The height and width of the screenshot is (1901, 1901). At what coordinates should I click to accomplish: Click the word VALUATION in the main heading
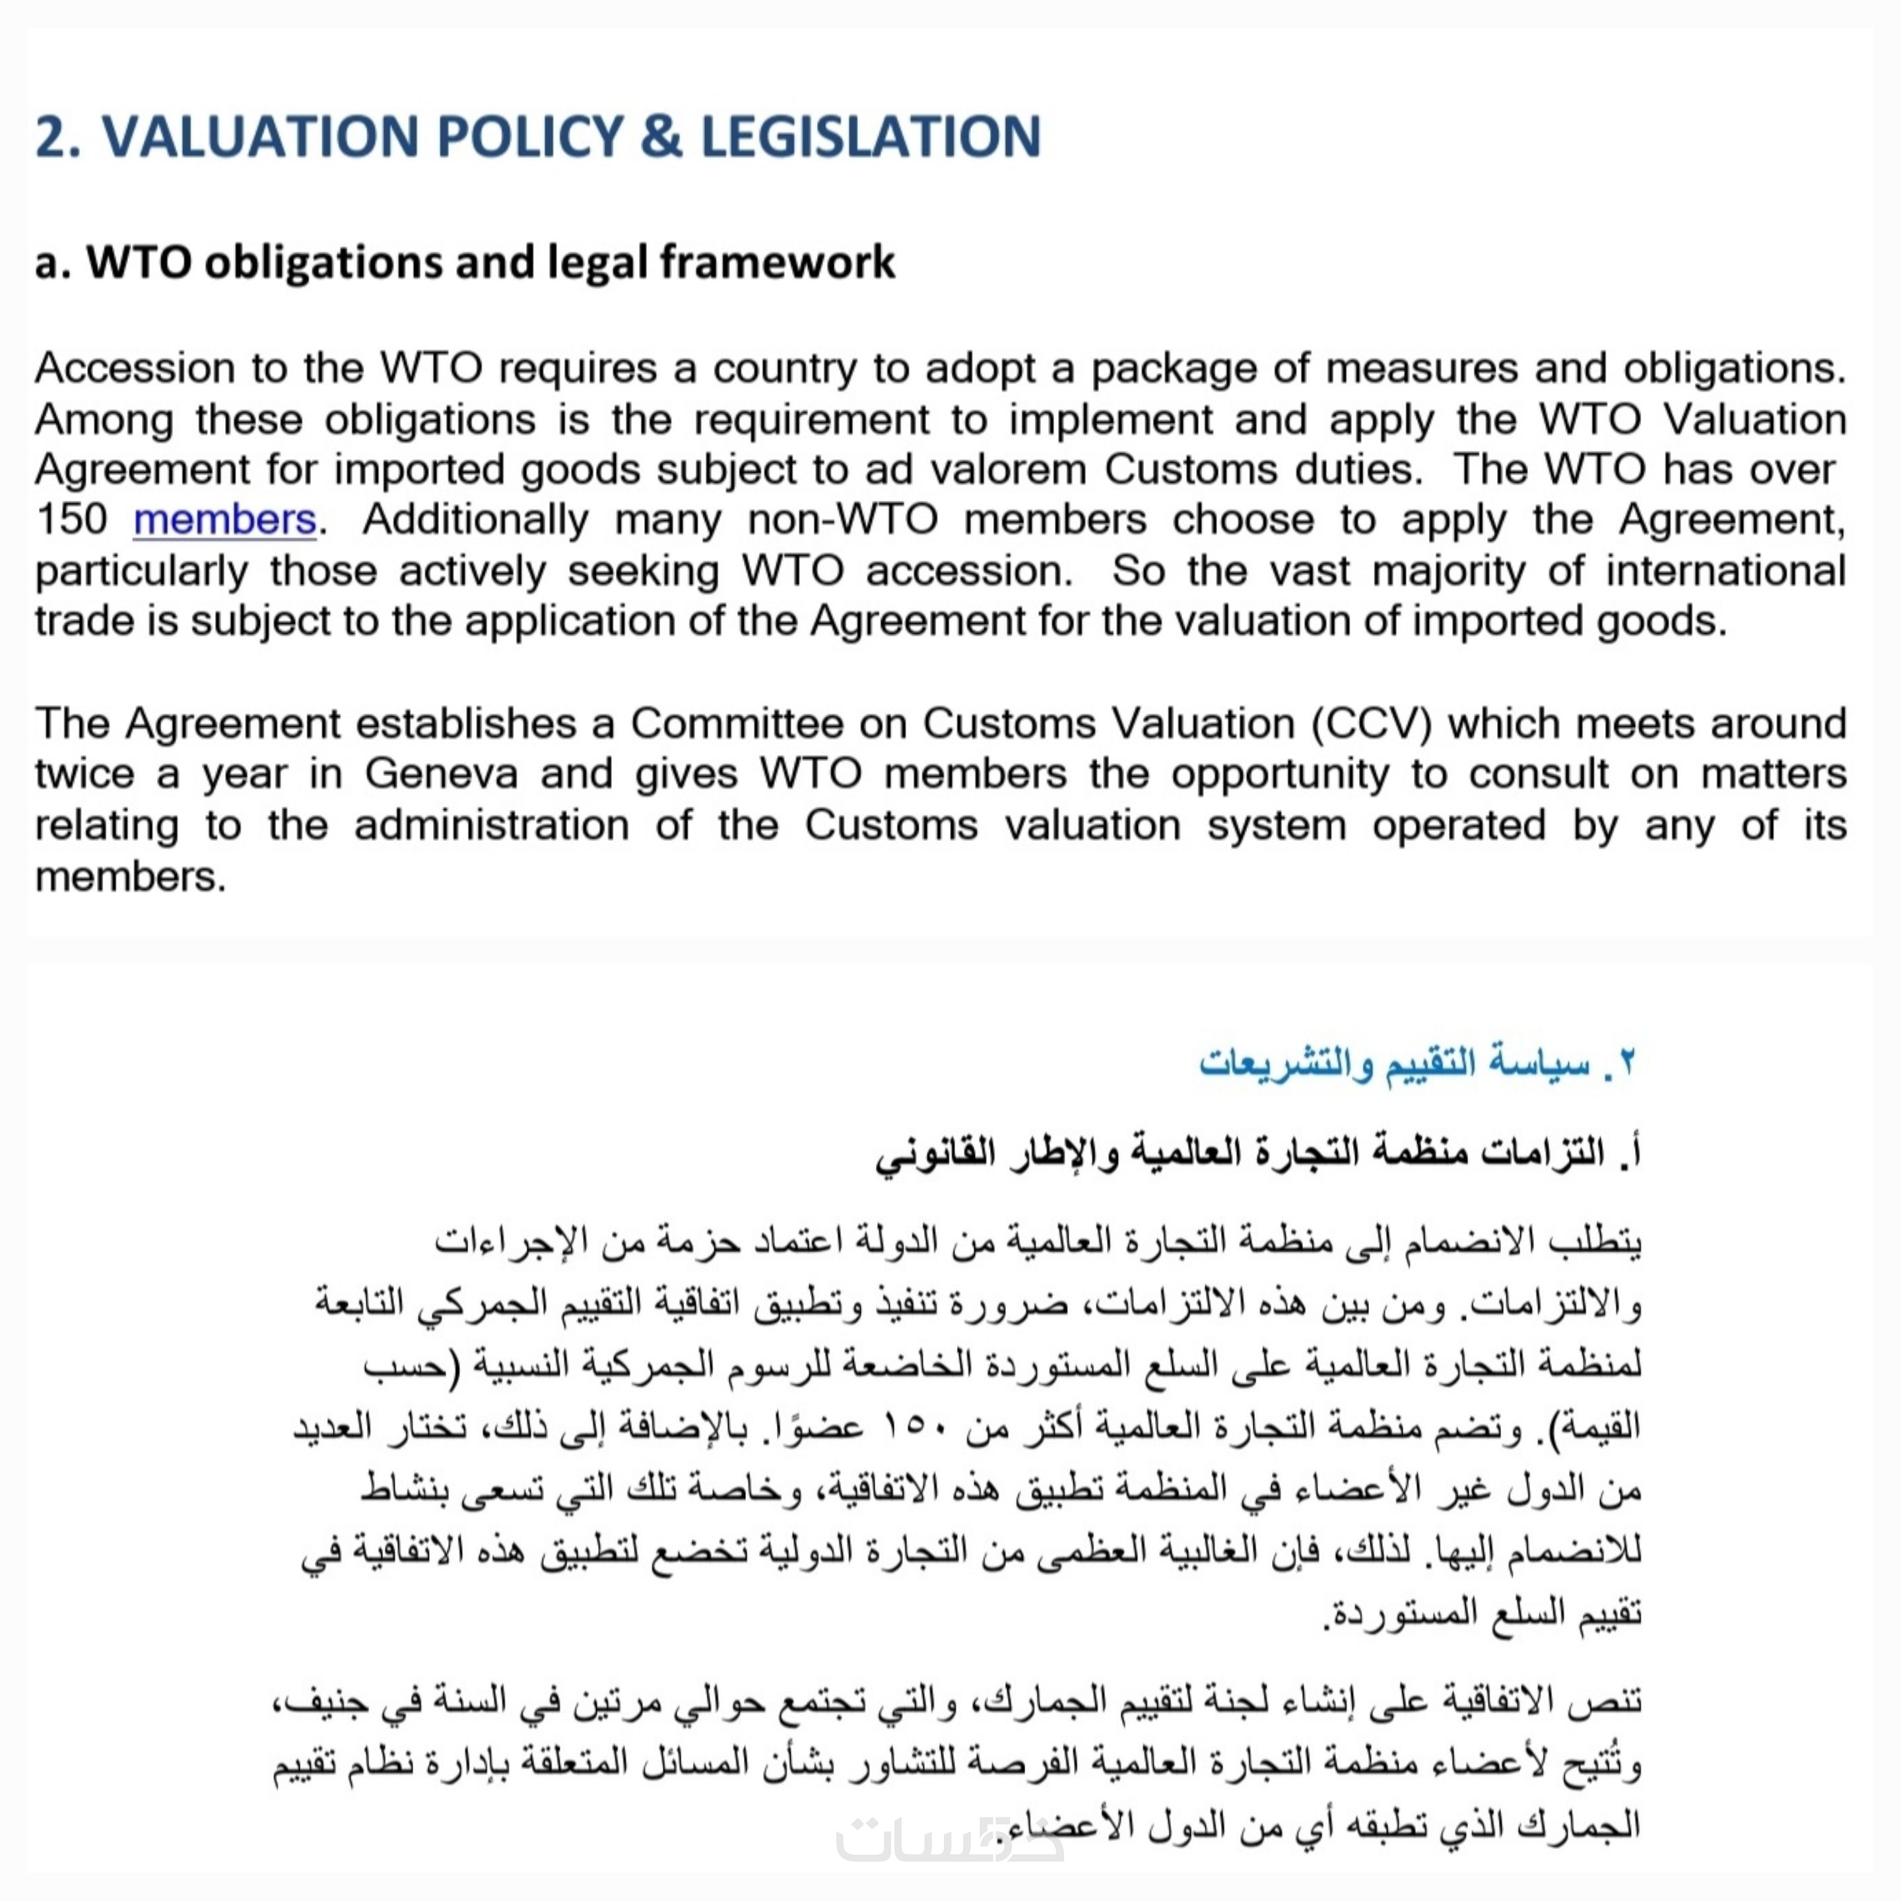tap(265, 137)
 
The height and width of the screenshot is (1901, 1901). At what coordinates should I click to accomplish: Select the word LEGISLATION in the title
tap(870, 137)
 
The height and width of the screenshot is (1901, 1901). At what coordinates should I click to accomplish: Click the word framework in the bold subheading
tap(778, 263)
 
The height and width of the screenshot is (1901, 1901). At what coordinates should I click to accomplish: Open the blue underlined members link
tap(224, 519)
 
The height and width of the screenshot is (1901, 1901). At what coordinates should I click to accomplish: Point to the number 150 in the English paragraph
tap(71, 519)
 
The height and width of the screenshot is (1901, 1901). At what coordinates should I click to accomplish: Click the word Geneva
tap(441, 774)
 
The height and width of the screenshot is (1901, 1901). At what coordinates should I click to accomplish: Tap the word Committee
tap(736, 723)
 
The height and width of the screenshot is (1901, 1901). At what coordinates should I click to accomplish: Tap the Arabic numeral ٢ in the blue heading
tap(1626, 1063)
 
